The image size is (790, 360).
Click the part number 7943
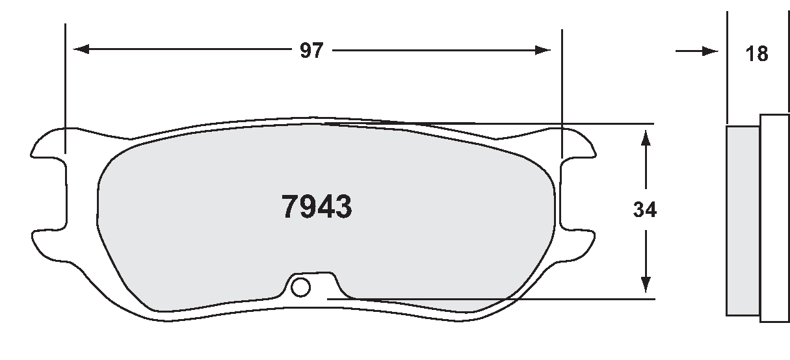click(x=317, y=207)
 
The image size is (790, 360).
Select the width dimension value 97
click(x=311, y=51)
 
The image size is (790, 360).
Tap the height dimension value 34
click(x=645, y=210)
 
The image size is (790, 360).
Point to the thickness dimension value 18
click(x=757, y=53)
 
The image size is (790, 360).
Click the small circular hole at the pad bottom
click(x=301, y=286)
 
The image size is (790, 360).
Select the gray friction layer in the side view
click(x=742, y=221)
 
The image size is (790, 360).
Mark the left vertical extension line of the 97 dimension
click(x=66, y=84)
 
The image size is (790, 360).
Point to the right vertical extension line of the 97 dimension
click(x=561, y=84)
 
